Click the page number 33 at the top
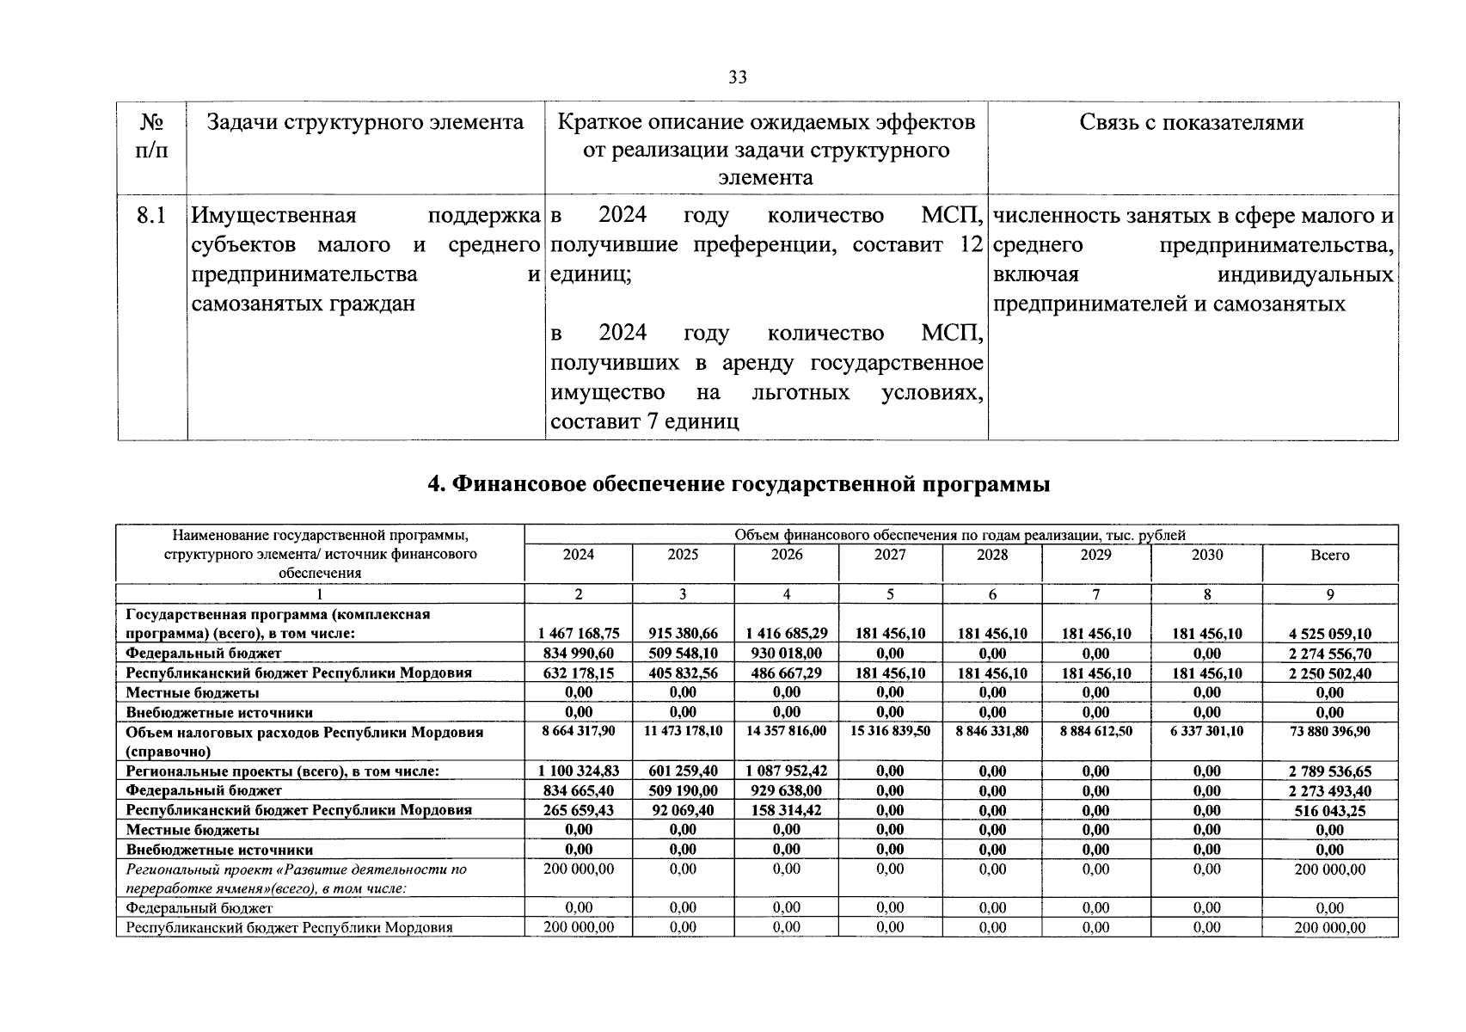point(737,77)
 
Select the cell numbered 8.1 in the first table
point(151,215)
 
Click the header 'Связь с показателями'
point(1191,123)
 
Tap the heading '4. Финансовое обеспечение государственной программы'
point(739,484)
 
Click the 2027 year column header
point(889,555)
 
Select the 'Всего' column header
point(1329,556)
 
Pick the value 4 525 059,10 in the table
point(1329,634)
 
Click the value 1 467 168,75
point(578,634)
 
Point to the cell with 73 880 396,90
point(1329,731)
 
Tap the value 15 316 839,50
point(889,731)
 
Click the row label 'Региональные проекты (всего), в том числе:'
point(283,771)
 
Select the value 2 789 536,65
point(1329,771)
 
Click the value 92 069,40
point(683,810)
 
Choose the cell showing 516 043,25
point(1329,811)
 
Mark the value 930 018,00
point(786,654)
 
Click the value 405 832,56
point(683,673)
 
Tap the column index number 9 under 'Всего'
point(1329,594)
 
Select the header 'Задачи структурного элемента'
point(365,123)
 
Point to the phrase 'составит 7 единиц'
point(644,422)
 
